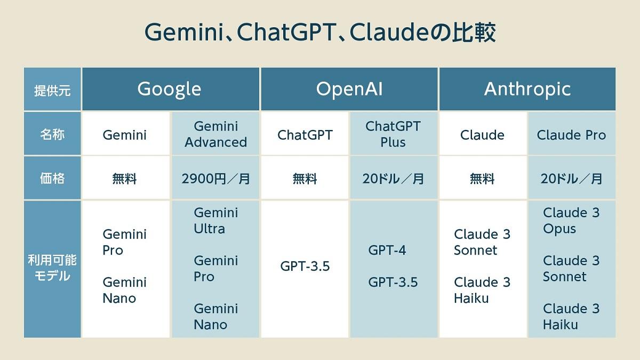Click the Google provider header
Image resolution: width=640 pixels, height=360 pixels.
170,89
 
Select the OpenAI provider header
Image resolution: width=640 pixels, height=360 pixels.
349,89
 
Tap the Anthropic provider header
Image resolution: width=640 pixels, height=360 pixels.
527,89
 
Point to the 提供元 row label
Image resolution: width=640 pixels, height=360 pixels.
52,91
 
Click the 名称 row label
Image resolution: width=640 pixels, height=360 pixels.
52,134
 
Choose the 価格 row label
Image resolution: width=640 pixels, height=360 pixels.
52,178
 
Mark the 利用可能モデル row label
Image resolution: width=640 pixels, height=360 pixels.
52,268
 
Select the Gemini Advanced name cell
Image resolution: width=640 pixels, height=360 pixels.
215,134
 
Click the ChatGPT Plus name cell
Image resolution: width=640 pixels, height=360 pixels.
393,134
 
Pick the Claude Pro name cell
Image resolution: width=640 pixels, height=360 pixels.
571,135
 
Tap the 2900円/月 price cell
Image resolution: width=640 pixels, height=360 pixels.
215,179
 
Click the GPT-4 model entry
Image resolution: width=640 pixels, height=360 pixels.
387,250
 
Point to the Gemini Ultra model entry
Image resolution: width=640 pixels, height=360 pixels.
215,221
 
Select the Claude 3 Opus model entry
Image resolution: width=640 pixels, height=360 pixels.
571,221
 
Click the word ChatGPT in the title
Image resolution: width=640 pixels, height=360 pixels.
286,31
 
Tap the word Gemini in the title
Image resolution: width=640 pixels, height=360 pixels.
183,31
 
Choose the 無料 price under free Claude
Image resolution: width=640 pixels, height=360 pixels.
482,179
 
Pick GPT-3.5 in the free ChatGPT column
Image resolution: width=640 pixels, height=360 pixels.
305,266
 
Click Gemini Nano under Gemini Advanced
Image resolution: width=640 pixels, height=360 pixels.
215,317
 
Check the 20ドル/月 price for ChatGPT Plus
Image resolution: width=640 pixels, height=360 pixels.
393,179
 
